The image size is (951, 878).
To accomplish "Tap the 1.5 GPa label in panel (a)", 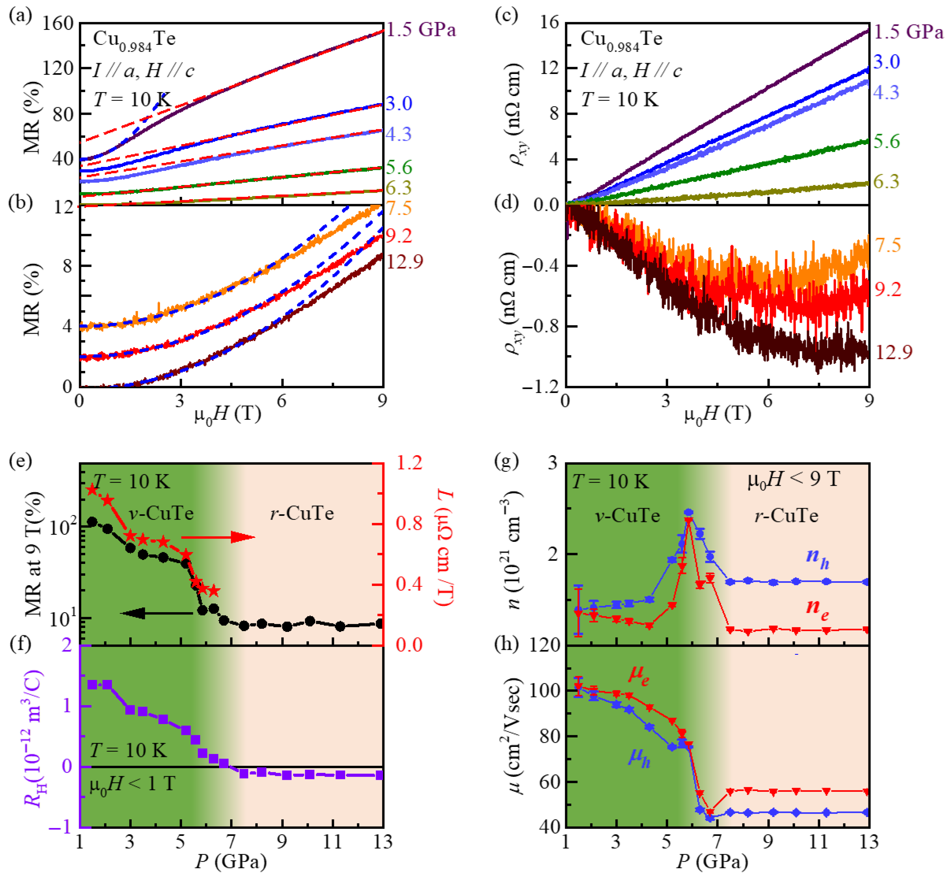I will pyautogui.click(x=421, y=30).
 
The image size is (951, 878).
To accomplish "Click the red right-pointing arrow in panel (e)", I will pyautogui.click(x=219, y=537).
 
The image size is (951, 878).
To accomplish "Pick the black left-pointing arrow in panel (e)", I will pyautogui.click(x=157, y=613).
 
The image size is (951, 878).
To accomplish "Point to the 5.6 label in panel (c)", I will pyautogui.click(x=887, y=141).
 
